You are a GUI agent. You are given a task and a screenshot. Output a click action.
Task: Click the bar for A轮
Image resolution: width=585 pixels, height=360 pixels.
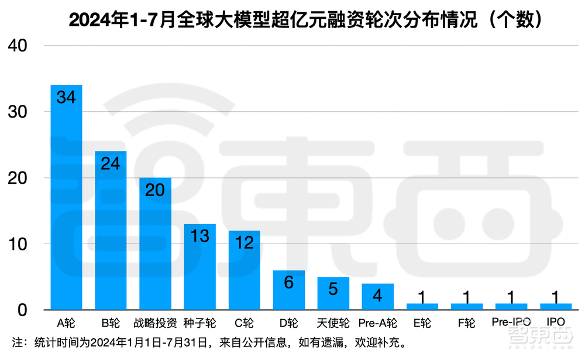pos(66,199)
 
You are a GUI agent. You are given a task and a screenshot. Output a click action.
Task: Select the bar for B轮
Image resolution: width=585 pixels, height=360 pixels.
pos(111,231)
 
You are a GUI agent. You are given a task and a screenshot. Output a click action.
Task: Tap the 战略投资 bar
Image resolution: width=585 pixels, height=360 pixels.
pos(155,246)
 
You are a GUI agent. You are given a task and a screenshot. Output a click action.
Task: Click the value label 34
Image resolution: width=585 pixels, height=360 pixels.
pos(66,97)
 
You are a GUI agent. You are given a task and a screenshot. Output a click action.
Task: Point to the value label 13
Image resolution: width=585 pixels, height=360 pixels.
pos(199,236)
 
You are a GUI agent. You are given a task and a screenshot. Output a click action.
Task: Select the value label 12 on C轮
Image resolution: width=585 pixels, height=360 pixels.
pos(244,242)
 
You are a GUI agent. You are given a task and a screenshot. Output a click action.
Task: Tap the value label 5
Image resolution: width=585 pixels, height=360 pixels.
pos(333,289)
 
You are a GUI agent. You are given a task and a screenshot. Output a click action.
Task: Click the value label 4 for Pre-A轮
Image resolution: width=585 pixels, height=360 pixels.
pos(377,295)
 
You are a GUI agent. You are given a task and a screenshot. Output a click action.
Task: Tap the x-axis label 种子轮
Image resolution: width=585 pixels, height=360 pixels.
pos(199,323)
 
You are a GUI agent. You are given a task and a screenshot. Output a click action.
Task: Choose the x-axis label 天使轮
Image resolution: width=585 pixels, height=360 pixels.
pos(333,323)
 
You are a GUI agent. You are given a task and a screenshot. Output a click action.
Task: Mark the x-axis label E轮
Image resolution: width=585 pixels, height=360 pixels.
pos(422,323)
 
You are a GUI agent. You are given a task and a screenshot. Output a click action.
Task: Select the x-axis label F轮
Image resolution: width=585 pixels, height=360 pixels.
pos(466,323)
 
